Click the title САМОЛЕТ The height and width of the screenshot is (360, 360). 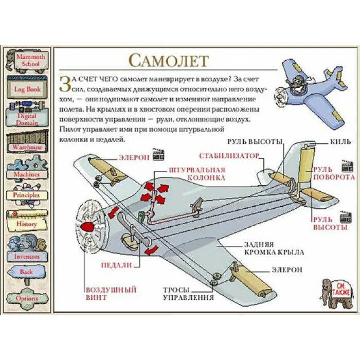(x=168, y=60)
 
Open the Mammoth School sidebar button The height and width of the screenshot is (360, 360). (x=26, y=60)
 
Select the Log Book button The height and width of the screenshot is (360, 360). (x=27, y=89)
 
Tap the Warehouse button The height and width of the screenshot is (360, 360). (x=27, y=147)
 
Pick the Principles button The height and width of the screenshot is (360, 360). (x=27, y=195)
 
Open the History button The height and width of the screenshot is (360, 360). (x=27, y=224)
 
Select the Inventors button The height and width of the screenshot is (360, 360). (x=27, y=256)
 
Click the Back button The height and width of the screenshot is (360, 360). (x=27, y=272)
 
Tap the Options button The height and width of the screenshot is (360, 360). (x=27, y=298)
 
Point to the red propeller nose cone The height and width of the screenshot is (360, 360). (x=88, y=226)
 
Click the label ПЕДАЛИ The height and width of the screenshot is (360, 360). (x=117, y=265)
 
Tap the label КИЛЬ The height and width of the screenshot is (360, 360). (x=340, y=141)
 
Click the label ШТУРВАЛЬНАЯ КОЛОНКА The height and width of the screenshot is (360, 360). (x=196, y=174)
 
